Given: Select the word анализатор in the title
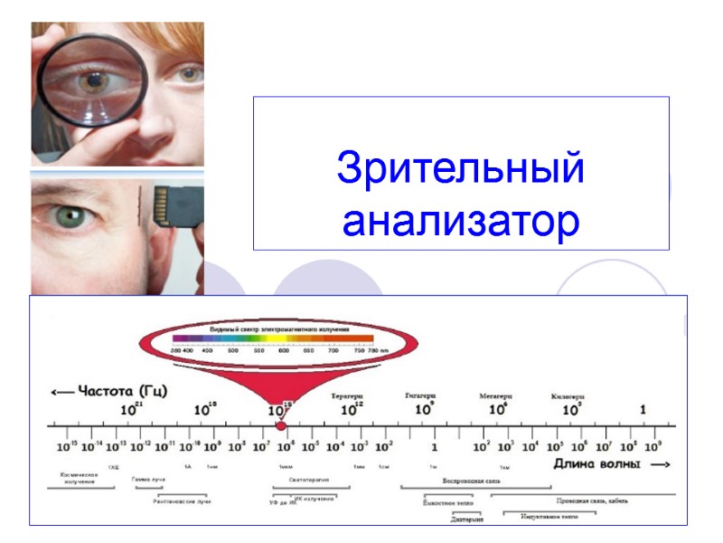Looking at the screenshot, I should (460, 221).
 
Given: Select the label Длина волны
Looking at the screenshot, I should (597, 464).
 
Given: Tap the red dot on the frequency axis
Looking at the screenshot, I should (281, 425).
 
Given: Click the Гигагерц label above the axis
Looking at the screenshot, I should (420, 395).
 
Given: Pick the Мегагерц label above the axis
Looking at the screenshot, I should (495, 396).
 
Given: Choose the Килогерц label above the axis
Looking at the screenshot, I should (568, 396).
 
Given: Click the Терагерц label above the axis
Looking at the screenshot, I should (346, 395).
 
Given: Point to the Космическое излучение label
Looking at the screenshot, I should (79, 478).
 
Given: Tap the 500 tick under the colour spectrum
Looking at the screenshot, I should (233, 349).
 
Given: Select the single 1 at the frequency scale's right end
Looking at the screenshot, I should (643, 410).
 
